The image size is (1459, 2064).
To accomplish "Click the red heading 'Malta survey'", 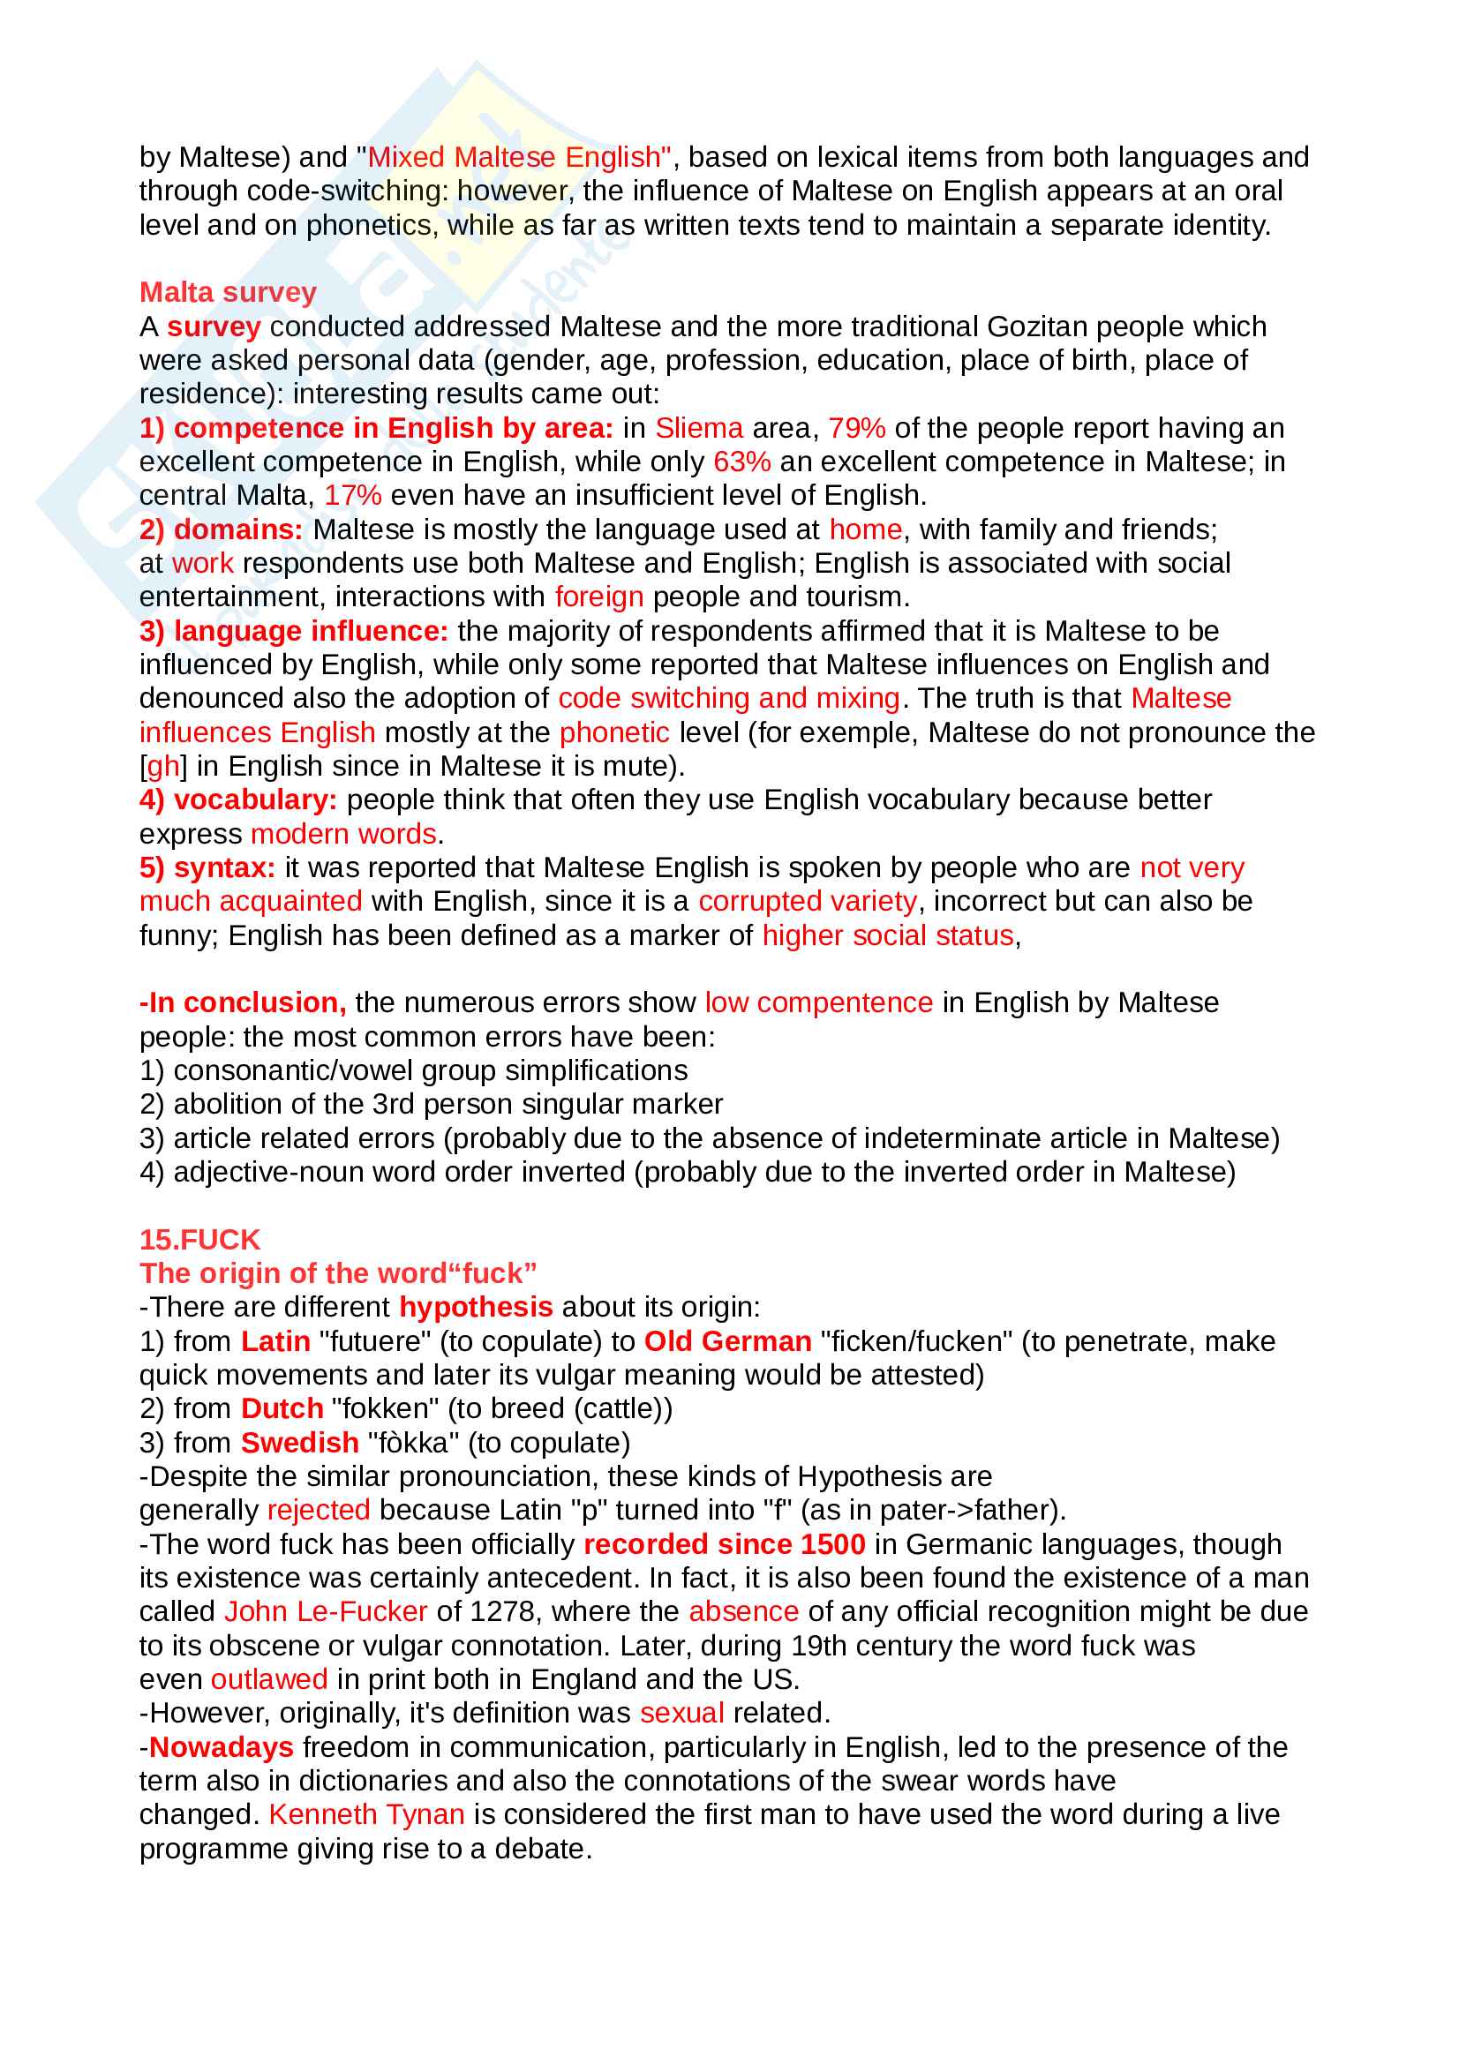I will [x=228, y=292].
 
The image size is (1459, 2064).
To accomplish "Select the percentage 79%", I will [x=856, y=428].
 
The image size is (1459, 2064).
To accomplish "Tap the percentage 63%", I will [x=741, y=462].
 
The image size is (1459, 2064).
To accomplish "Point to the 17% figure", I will [x=352, y=495].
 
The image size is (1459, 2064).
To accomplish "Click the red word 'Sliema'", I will [x=698, y=428].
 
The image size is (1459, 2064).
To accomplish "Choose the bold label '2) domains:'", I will [x=222, y=529].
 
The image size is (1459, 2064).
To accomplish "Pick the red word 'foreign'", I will [x=598, y=597].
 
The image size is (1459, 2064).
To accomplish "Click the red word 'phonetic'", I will [x=614, y=732].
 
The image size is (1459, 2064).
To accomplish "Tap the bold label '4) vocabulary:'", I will [x=238, y=800].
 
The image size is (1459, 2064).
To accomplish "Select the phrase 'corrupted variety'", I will [x=808, y=901].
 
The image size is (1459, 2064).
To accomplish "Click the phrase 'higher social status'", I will [x=887, y=934].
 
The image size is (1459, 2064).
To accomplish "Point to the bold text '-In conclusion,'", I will [x=243, y=1002].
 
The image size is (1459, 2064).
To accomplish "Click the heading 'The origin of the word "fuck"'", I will [x=338, y=1273].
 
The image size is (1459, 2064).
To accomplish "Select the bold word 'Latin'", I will [x=275, y=1341].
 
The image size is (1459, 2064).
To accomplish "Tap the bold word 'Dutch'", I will [x=282, y=1408].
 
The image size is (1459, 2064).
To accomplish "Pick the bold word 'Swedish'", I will [x=299, y=1443].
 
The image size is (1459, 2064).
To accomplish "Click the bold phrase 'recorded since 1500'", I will [x=724, y=1544].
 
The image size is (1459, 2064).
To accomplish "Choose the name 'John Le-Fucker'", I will [x=326, y=1612].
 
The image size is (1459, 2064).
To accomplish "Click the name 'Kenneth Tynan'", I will [x=366, y=1814].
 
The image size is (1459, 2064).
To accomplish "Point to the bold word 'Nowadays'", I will [x=222, y=1746].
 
